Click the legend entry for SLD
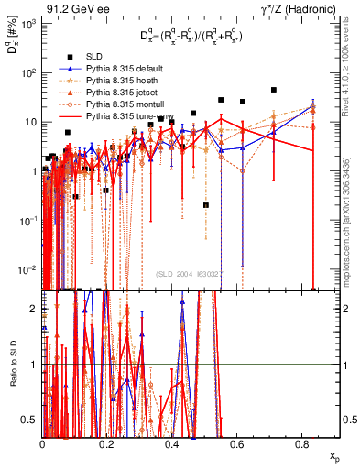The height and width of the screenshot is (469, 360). click(x=94, y=57)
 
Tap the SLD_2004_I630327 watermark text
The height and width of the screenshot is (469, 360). click(x=191, y=273)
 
